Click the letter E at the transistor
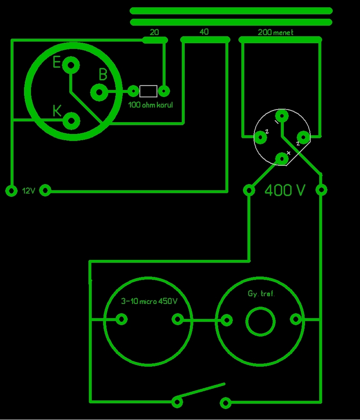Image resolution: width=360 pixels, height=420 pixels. coord(57,62)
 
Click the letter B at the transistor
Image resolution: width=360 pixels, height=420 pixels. coord(103,75)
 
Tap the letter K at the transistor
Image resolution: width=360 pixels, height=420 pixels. coord(57,110)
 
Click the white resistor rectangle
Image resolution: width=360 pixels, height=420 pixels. coord(148,91)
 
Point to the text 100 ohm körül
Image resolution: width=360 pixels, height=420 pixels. coord(151,105)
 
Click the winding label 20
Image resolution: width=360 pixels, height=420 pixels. coord(154,32)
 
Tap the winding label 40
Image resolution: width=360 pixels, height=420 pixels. coord(204,32)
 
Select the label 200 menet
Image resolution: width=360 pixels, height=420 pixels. coord(275,32)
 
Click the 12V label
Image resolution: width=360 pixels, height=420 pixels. coord(29,191)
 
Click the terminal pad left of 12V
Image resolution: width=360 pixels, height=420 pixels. coord(11,191)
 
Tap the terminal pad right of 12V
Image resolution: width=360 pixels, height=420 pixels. coord(46,191)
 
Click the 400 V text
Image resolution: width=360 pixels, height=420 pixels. coord(285,190)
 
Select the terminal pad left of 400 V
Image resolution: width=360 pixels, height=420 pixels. coord(249,190)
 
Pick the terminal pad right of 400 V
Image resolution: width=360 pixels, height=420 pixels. coord(321,190)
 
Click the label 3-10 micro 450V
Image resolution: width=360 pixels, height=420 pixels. coord(149,301)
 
